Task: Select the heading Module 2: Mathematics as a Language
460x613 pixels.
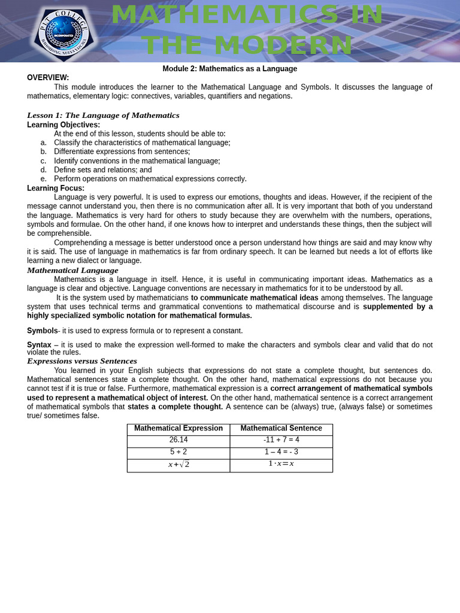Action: [229, 69]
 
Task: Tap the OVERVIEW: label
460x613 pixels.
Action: [48, 78]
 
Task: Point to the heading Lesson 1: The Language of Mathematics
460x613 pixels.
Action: [103, 116]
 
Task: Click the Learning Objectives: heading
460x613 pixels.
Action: [63, 125]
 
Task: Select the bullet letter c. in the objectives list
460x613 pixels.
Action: [43, 161]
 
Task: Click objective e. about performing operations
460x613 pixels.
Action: [150, 179]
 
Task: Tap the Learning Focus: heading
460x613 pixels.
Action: [56, 189]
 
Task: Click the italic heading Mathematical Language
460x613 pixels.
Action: [72, 271]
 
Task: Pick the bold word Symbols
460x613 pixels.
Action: [42, 331]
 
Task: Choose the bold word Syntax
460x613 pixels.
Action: [39, 345]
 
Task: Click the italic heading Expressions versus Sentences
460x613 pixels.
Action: [82, 362]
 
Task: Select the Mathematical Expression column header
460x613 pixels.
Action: [178, 429]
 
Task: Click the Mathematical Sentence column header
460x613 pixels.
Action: [281, 429]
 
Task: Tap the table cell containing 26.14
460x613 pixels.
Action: [178, 440]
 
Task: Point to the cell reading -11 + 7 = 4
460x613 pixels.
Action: [281, 440]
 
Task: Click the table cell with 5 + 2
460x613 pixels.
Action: [178, 452]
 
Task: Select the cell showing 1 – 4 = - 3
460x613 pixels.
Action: [281, 452]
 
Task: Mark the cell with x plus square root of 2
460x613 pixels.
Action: [178, 465]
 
